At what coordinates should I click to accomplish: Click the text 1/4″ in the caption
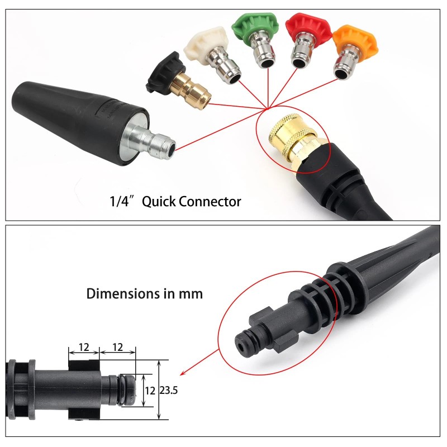coord(123,201)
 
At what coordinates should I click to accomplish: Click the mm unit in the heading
coord(191,293)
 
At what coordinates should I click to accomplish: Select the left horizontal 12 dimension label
coord(84,347)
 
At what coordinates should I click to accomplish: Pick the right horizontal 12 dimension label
coord(117,347)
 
